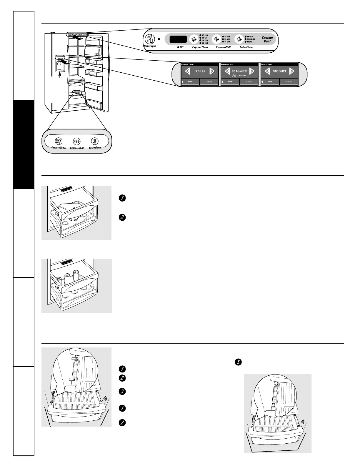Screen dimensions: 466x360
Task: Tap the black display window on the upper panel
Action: point(178,39)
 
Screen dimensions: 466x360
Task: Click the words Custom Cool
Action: point(267,39)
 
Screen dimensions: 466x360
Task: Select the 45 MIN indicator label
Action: point(227,42)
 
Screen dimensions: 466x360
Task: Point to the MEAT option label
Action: point(249,42)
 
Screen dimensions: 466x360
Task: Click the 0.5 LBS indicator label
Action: point(204,35)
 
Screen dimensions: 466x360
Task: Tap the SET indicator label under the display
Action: point(181,47)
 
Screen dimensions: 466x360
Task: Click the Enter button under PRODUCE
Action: point(289,81)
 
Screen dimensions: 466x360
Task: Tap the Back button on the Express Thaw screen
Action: point(190,81)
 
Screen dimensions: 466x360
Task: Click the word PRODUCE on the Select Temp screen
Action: point(279,71)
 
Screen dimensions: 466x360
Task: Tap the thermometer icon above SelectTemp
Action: point(94,141)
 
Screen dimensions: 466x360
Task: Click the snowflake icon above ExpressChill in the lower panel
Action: point(76,142)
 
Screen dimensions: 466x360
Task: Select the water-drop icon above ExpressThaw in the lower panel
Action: point(59,141)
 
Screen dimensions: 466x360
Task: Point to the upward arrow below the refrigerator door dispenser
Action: point(60,75)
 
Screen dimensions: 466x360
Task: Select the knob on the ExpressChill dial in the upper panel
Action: point(216,39)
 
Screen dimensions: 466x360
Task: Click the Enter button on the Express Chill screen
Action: point(249,81)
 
